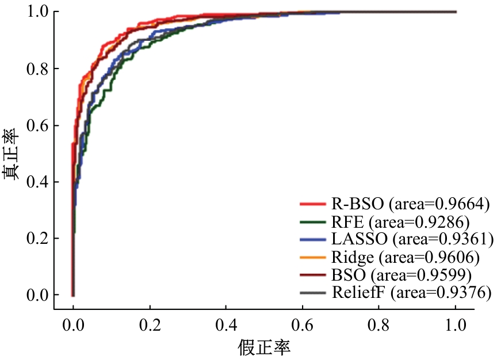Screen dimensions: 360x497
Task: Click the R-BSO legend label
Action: pyautogui.click(x=410, y=203)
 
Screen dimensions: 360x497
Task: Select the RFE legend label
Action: pyautogui.click(x=396, y=221)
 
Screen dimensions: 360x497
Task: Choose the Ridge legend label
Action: pyautogui.click(x=405, y=256)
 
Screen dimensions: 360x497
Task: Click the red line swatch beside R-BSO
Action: pyautogui.click(x=314, y=204)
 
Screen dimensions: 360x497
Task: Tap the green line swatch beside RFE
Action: pyautogui.click(x=314, y=221)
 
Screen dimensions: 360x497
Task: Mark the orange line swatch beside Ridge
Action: pyautogui.click(x=314, y=257)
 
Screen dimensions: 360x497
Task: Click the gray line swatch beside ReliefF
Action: pyautogui.click(x=314, y=293)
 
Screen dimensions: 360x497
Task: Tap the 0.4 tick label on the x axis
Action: pyautogui.click(x=226, y=324)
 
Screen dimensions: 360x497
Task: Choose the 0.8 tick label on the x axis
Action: pyautogui.click(x=379, y=324)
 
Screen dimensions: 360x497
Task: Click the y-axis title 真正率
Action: pyautogui.click(x=12, y=154)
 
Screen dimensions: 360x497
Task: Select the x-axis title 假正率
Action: pyautogui.click(x=264, y=347)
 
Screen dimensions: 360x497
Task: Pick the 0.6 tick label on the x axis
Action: pyautogui.click(x=303, y=324)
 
